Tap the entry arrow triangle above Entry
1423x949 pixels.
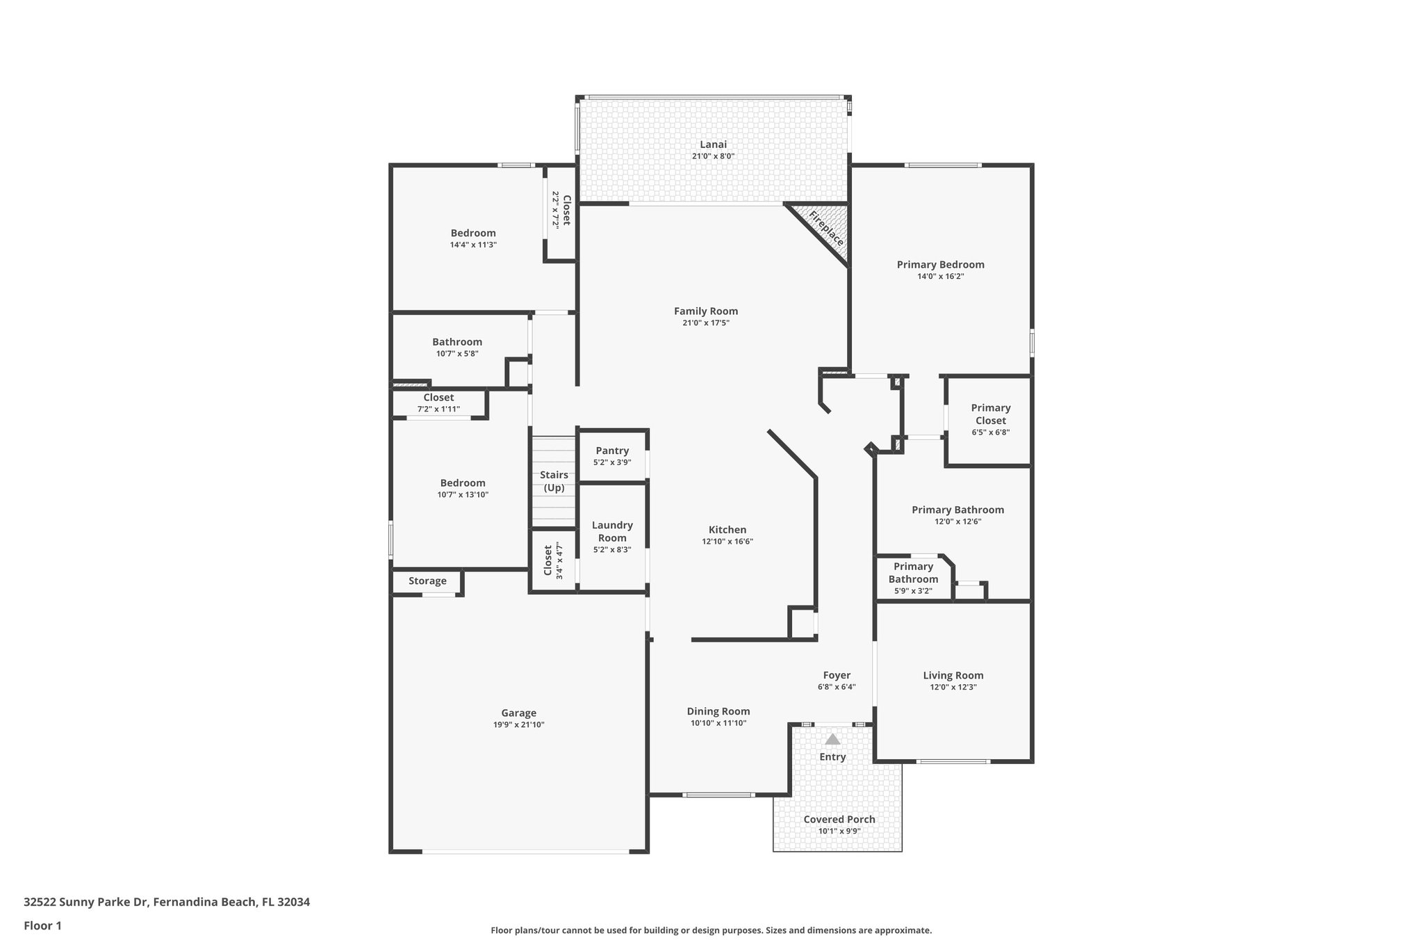pos(832,739)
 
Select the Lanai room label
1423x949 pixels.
pos(713,145)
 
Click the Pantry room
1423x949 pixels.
pos(612,455)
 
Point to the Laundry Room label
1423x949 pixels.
pos(612,531)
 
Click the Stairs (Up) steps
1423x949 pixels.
pos(554,481)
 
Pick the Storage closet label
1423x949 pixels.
pos(427,581)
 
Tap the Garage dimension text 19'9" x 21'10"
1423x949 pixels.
pos(518,724)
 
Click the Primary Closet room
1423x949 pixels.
pos(990,420)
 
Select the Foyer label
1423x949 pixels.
pos(837,675)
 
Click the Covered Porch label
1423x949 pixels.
pos(839,819)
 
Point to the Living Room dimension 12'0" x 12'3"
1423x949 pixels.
pos(953,687)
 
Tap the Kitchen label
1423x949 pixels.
pos(727,530)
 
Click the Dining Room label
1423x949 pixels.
pos(718,711)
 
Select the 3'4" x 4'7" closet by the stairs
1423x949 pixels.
pos(553,560)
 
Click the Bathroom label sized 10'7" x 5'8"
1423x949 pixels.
pos(457,342)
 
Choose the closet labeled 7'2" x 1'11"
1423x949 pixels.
pos(438,403)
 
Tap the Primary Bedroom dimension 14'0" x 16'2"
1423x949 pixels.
pos(940,276)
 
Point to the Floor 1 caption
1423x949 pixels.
pos(42,925)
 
